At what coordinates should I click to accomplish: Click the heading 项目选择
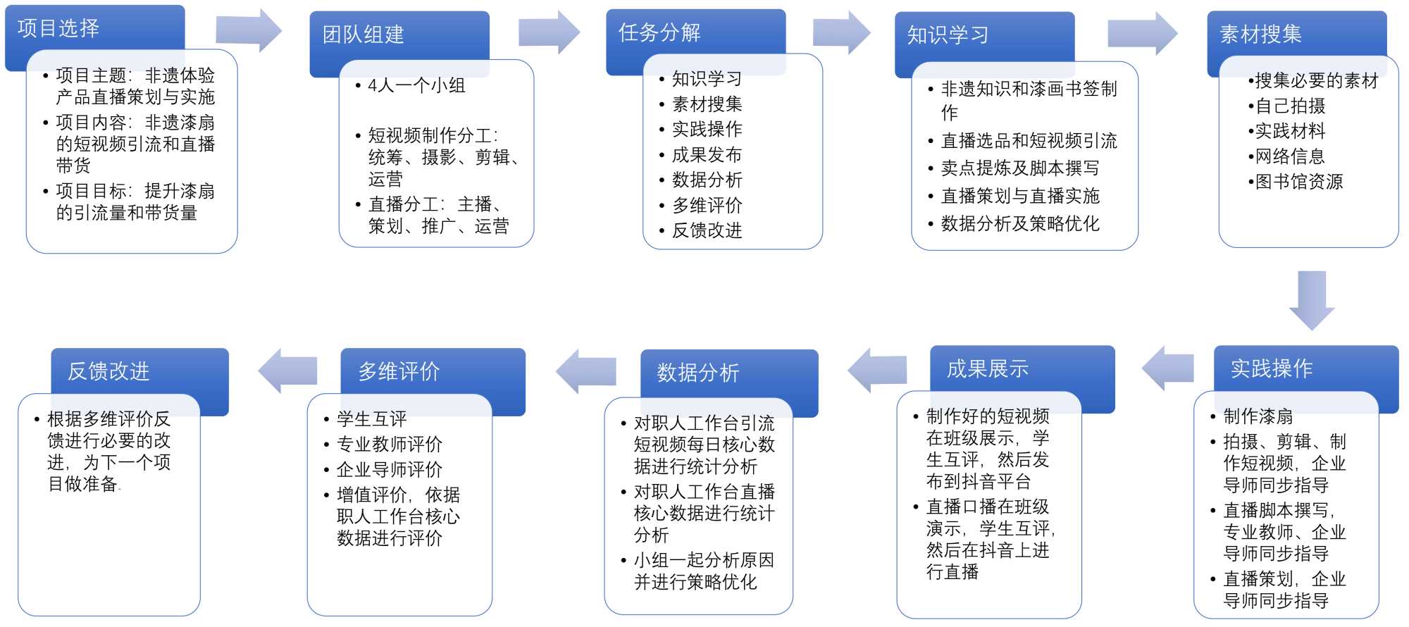click(x=58, y=28)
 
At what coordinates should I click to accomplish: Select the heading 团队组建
click(x=364, y=34)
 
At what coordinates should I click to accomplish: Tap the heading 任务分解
click(x=659, y=32)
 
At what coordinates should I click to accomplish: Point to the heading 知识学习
click(x=948, y=35)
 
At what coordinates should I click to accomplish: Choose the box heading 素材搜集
click(x=1260, y=34)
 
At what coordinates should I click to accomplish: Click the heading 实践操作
click(x=1272, y=368)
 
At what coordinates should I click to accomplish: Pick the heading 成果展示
click(x=987, y=368)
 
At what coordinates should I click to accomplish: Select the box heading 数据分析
click(x=698, y=372)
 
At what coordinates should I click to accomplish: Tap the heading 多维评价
click(x=399, y=371)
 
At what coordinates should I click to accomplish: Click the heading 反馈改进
click(x=108, y=371)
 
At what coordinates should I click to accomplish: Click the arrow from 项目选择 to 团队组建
click(x=248, y=30)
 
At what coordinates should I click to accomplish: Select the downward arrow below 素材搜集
click(x=1311, y=299)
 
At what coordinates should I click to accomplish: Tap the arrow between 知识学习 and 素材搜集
click(x=1141, y=33)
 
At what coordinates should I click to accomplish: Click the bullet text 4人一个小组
click(x=416, y=85)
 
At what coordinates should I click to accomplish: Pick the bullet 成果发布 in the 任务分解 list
click(x=707, y=154)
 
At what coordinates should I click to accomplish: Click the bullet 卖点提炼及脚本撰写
click(x=1019, y=168)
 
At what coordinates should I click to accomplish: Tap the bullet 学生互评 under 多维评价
click(x=371, y=418)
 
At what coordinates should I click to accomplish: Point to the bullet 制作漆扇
click(x=1258, y=416)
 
